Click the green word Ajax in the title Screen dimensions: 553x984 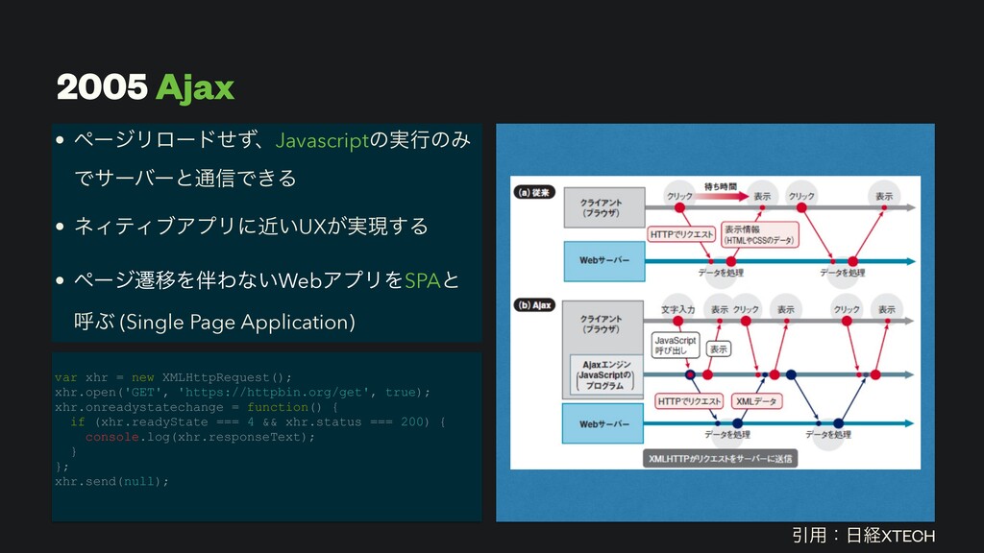pos(195,88)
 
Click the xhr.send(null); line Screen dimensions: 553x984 pos(112,480)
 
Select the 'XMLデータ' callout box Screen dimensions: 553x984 pos(758,399)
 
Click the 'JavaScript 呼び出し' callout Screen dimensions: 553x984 pos(676,345)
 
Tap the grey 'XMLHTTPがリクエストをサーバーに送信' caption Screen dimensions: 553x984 pos(719,459)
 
